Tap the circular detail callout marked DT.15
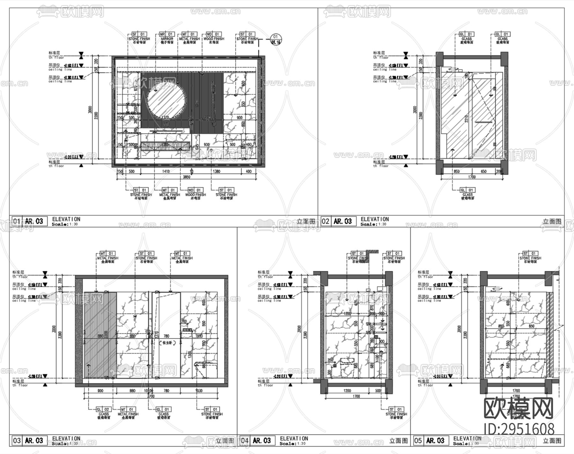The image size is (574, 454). (x=276, y=39)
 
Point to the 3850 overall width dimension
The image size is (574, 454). (x=187, y=177)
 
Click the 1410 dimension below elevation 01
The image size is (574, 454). (x=166, y=171)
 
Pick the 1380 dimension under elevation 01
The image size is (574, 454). (x=216, y=171)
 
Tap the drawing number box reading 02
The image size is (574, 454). (x=325, y=221)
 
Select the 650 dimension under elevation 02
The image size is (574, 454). (x=483, y=171)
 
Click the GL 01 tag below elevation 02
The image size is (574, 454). (x=467, y=190)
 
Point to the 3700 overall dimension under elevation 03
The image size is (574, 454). (x=151, y=396)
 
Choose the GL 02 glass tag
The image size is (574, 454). (x=103, y=409)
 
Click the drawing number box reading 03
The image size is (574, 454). (x=17, y=441)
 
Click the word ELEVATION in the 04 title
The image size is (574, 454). (x=294, y=438)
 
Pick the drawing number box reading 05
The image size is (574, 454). (x=418, y=441)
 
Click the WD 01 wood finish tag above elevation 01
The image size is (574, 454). (x=213, y=34)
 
